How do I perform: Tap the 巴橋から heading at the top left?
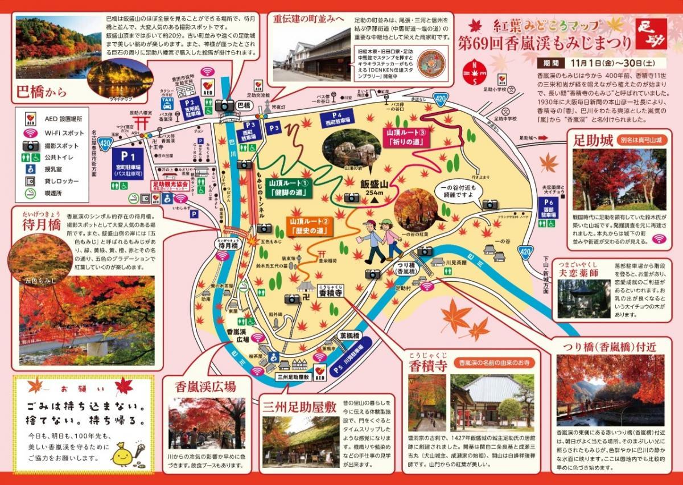click(x=42, y=91)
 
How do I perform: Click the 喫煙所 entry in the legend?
click(x=43, y=193)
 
